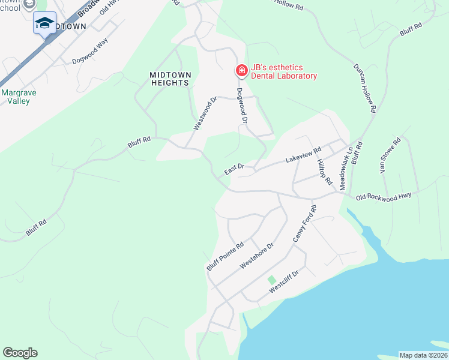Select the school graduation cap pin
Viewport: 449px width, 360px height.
click(x=44, y=23)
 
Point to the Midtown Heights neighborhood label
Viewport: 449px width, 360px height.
click(x=170, y=79)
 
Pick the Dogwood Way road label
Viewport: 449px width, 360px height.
click(x=90, y=52)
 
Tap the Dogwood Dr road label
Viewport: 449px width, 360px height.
click(x=243, y=106)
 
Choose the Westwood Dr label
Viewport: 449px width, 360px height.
click(x=205, y=114)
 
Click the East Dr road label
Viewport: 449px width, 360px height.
click(x=234, y=170)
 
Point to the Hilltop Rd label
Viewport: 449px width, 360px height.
click(x=325, y=172)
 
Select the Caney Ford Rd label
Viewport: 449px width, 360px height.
click(x=304, y=224)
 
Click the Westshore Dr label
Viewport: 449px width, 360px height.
click(x=256, y=256)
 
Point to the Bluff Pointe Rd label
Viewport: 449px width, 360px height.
click(x=226, y=256)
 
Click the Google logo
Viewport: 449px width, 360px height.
click(x=20, y=353)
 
